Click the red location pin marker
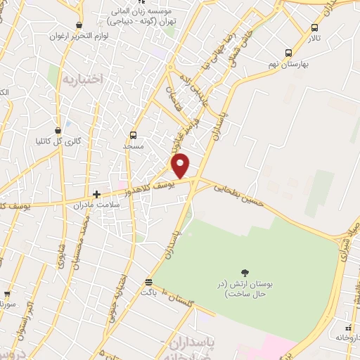pos(181,165)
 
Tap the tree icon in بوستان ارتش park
pos(245,272)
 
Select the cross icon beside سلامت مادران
pos(97,193)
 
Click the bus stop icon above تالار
pos(314,28)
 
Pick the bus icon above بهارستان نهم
pos(289,53)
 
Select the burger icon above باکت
pos(148,280)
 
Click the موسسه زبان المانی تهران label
pos(146,17)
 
